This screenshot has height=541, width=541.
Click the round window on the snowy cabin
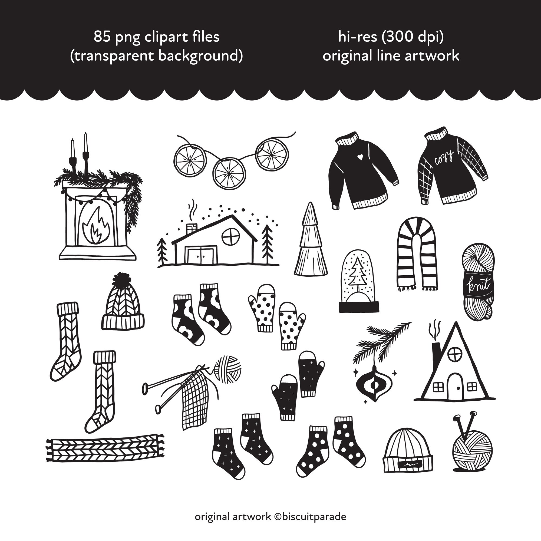click(x=230, y=237)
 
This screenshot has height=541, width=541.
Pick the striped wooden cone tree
click(x=311, y=241)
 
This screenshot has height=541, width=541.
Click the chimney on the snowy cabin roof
click(x=192, y=228)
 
